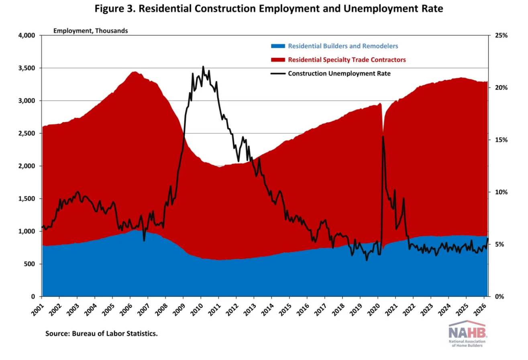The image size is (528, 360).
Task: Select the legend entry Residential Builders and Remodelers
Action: pos(343,46)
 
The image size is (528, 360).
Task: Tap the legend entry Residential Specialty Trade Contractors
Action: pos(347,59)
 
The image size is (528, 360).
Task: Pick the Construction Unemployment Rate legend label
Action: pos(339,73)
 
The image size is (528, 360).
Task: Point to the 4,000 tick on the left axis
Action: pos(27,35)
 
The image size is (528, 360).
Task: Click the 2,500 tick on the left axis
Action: pos(27,133)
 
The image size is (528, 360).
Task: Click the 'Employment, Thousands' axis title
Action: pos(90,31)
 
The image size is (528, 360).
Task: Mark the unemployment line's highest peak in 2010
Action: pos(203,67)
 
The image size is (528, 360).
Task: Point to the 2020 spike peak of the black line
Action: pos(383,136)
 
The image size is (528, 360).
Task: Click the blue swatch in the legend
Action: pos(278,46)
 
